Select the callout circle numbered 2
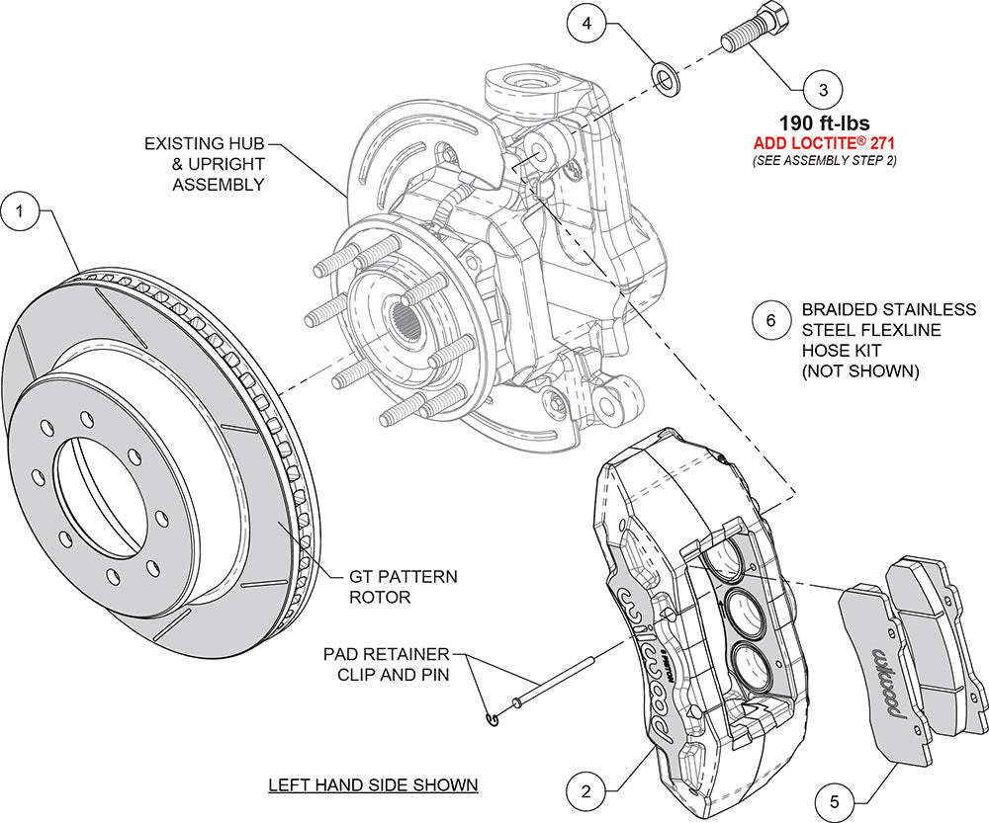pos(586,790)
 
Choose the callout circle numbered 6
pos(771,320)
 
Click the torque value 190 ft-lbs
pos(824,124)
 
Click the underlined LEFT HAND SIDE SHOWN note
pos(374,785)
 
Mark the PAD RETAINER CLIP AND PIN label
pos(386,665)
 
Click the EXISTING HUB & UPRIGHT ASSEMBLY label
pos(206,164)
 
